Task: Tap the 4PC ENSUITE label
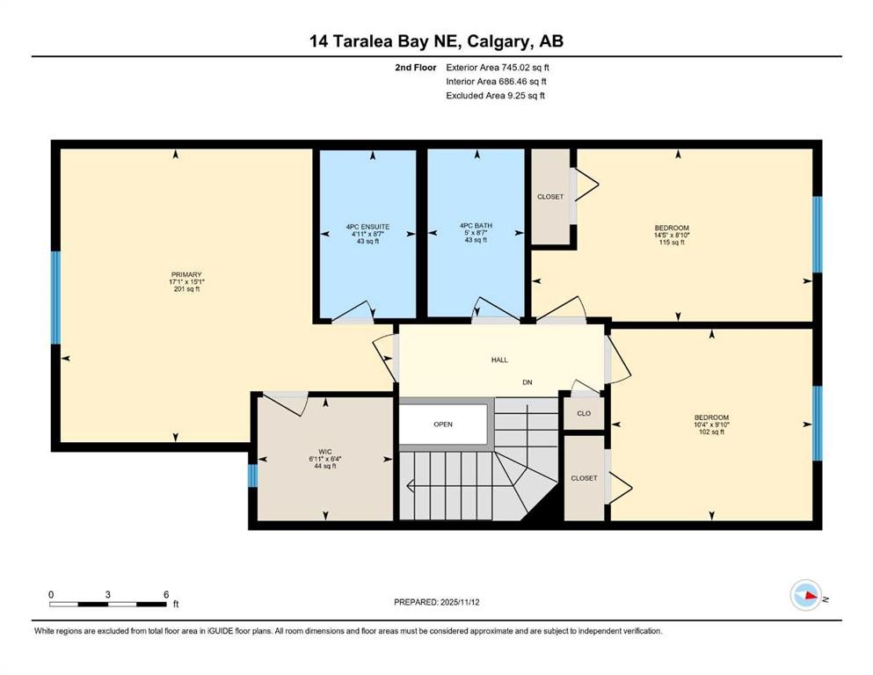(367, 227)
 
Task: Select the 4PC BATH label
(476, 226)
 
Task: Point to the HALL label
(499, 359)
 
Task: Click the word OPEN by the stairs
(442, 425)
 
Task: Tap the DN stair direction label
(527, 382)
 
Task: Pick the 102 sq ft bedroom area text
(711, 432)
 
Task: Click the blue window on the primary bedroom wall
(55, 297)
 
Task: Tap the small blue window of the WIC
(252, 475)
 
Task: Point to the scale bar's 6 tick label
(165, 594)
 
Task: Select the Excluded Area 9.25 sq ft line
(496, 95)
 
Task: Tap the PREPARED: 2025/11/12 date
(437, 602)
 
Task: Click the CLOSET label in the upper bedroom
(550, 197)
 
